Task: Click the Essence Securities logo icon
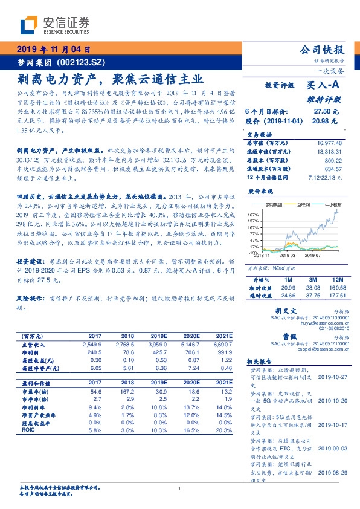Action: point(31,25)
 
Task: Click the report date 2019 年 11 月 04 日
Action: point(53,49)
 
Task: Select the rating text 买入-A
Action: point(323,86)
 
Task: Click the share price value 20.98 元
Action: point(326,122)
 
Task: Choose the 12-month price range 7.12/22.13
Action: point(326,177)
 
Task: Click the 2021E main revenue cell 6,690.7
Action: point(219,343)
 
